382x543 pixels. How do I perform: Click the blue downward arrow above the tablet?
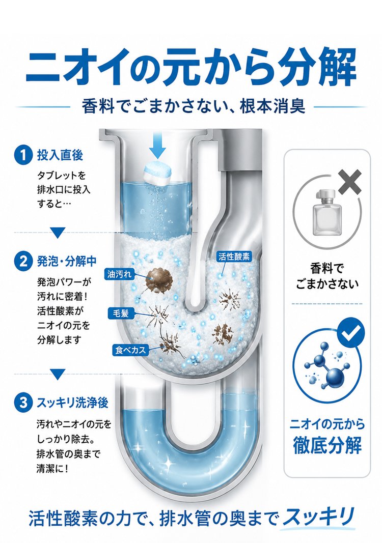coord(158,147)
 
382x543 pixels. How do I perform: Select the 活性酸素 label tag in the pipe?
coord(234,256)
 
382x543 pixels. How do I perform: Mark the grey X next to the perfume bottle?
coord(350,181)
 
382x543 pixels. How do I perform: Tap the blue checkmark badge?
coord(351,332)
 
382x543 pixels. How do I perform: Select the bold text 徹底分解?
coord(327,445)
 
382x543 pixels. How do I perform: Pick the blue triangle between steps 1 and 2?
coord(58,233)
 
